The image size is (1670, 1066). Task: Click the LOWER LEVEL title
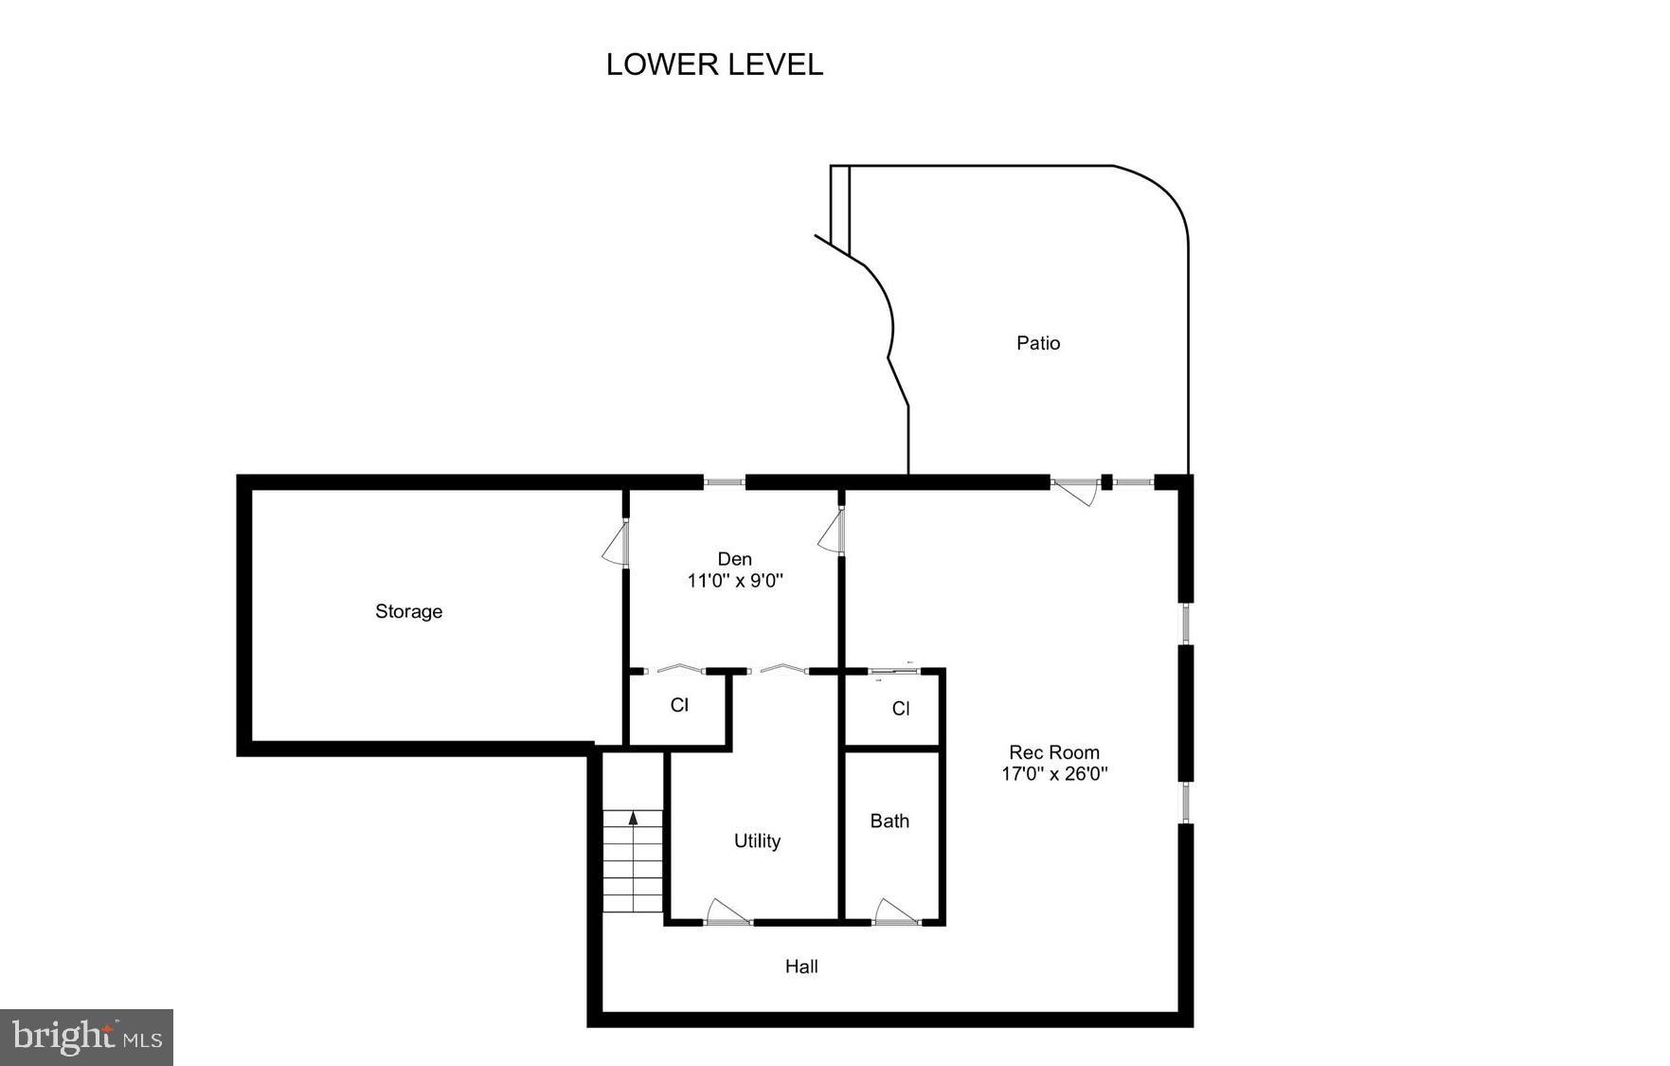click(714, 64)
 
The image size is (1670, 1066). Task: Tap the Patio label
click(1037, 343)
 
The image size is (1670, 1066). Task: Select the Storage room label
click(408, 611)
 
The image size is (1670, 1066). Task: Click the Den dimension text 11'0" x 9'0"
click(735, 581)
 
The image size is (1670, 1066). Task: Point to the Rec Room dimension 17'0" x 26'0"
click(1054, 773)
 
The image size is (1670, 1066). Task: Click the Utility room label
click(757, 840)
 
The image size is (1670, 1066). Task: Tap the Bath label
click(889, 821)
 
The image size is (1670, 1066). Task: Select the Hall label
click(801, 967)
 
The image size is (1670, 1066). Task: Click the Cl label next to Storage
click(679, 705)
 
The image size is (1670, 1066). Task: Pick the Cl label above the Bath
click(901, 709)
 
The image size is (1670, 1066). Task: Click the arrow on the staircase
click(634, 818)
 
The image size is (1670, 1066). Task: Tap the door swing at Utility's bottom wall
click(727, 912)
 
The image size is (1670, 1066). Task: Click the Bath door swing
click(893, 912)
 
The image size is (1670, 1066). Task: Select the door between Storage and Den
click(616, 544)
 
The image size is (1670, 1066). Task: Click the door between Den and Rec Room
click(831, 532)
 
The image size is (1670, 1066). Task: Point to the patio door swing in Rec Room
click(1076, 492)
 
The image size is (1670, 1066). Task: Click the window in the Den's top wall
click(725, 482)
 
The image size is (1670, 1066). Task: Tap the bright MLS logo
click(87, 1037)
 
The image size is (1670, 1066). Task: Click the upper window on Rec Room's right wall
click(1185, 623)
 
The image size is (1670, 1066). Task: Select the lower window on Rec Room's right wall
click(1185, 803)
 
